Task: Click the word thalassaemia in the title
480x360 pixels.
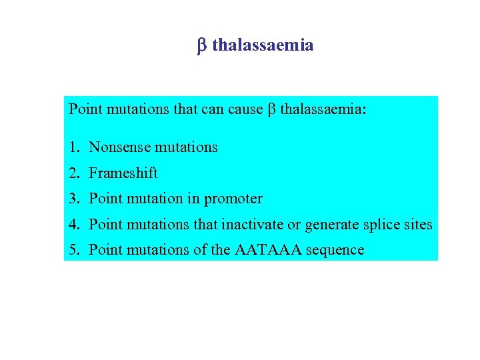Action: [263, 45]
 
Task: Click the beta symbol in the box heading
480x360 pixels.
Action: [271, 109]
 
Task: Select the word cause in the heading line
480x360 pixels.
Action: [245, 109]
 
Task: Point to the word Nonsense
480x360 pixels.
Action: [117, 147]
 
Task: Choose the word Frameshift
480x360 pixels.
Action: [123, 173]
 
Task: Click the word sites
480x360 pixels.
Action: [418, 225]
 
